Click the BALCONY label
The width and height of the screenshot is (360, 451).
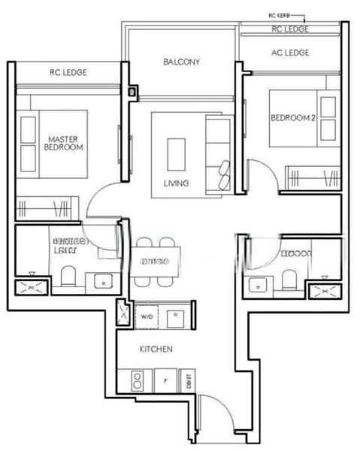tap(182, 62)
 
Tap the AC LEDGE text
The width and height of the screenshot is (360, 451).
tap(290, 53)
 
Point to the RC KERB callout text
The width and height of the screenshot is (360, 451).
tap(281, 15)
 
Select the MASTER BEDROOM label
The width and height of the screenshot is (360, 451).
tap(64, 144)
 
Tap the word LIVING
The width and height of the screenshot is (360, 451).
tap(176, 183)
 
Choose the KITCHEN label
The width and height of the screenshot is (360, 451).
tap(156, 350)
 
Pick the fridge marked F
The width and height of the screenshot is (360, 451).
tap(165, 380)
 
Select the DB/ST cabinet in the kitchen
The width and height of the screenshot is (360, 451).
tap(187, 380)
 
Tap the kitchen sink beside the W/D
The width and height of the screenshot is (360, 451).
tap(176, 316)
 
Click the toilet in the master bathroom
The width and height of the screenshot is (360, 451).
tap(68, 277)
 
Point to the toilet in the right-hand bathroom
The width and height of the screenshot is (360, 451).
tap(289, 280)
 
